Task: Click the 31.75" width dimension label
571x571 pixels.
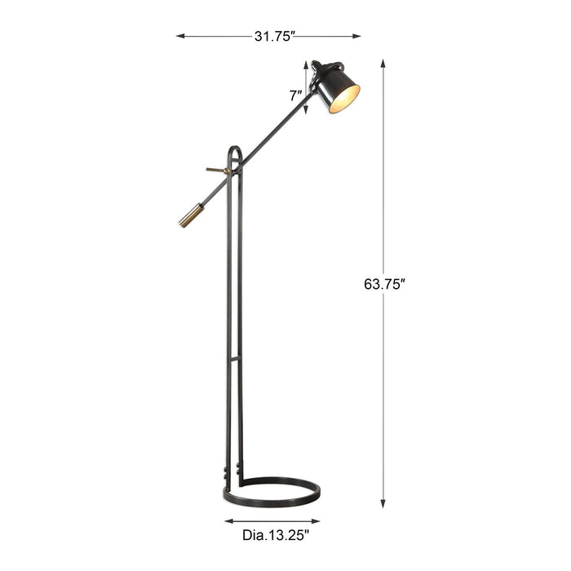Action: click(274, 37)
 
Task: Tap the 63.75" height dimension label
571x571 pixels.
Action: click(384, 284)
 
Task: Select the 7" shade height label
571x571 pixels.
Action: click(295, 95)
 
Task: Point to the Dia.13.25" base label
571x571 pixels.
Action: click(276, 535)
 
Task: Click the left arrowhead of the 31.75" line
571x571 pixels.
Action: click(180, 36)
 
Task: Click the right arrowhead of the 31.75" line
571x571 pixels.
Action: click(356, 36)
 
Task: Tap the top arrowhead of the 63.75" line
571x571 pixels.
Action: click(383, 64)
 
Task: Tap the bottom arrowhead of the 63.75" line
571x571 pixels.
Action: click(383, 503)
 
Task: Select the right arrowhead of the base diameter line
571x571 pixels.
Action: click(316, 521)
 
